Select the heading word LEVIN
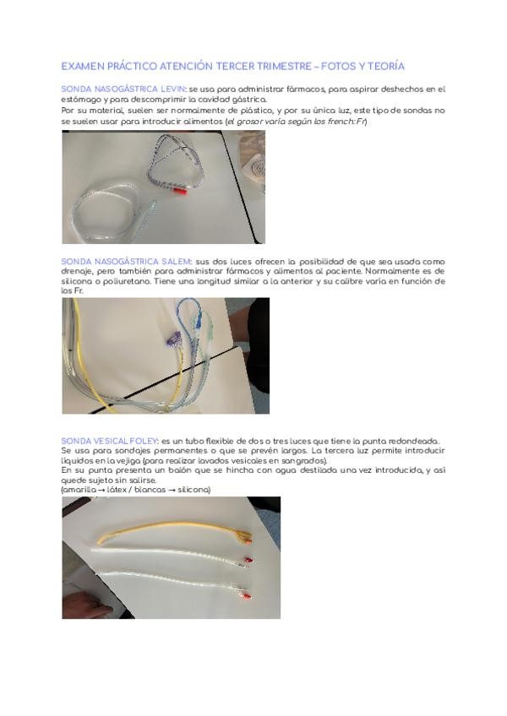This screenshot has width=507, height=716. click(x=173, y=89)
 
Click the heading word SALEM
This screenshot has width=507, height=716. click(x=177, y=262)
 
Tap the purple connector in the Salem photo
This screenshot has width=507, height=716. click(x=173, y=339)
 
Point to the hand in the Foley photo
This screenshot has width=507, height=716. click(x=87, y=607)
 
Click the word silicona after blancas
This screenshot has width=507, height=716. click(x=194, y=490)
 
